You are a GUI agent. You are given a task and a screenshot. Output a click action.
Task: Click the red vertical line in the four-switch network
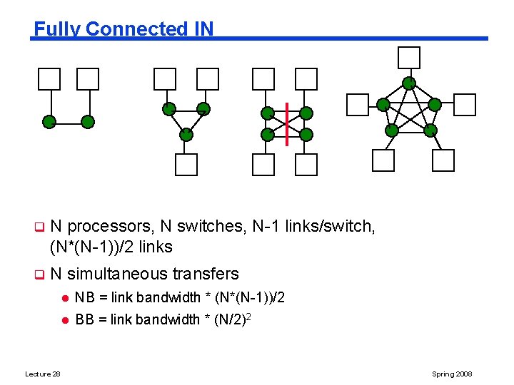(286, 124)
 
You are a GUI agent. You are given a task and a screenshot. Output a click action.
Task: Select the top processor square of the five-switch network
(409, 57)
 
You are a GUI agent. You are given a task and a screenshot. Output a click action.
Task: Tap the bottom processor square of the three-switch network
(186, 164)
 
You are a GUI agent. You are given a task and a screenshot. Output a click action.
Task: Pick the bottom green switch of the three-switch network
(186, 133)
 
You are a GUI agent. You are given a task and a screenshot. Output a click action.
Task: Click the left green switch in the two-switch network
(49, 121)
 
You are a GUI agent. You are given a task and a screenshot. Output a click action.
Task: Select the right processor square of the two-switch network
(88, 79)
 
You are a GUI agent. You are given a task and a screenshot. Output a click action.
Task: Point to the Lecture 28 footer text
(42, 374)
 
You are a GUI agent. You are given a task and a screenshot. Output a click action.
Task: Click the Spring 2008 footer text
(452, 374)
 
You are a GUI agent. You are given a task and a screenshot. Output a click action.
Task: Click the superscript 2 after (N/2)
(248, 315)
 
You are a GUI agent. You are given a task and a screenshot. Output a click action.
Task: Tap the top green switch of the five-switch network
(409, 83)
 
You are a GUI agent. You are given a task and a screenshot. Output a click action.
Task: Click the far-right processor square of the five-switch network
(465, 104)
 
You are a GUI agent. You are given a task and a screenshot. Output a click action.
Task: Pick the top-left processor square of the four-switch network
(263, 79)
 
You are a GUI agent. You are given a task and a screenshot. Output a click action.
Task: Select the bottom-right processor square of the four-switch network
(306, 164)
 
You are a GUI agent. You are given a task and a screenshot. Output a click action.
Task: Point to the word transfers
(206, 274)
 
